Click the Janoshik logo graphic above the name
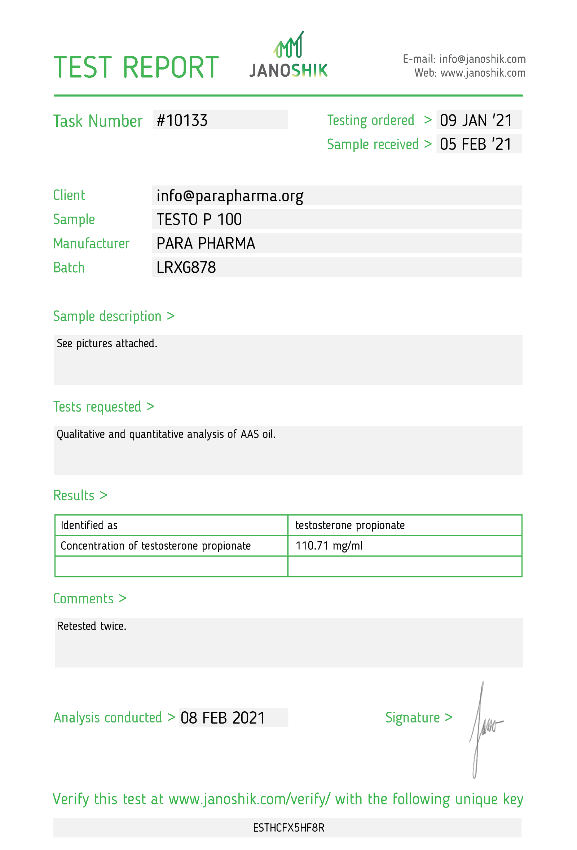click(288, 45)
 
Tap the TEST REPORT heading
click(136, 68)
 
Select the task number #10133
click(182, 120)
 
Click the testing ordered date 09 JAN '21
click(476, 120)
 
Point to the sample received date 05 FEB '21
click(476, 144)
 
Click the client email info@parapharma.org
click(230, 196)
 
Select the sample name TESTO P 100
click(199, 219)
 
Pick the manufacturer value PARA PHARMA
click(206, 243)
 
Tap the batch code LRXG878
click(186, 268)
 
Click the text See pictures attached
click(107, 344)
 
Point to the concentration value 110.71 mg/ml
click(329, 546)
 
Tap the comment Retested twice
click(92, 626)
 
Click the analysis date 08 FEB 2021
click(223, 718)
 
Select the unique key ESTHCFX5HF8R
click(288, 828)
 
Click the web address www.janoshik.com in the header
click(483, 73)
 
